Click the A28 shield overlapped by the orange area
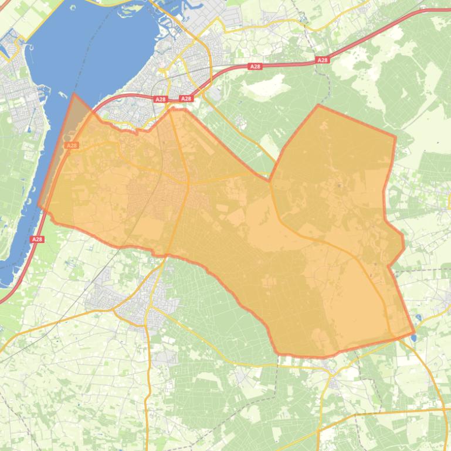point(72,145)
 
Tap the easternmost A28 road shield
point(322,60)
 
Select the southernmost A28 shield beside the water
point(38,239)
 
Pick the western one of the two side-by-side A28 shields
point(161,100)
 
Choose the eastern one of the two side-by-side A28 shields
point(186,98)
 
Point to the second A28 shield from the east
point(255,66)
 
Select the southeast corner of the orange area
point(414,334)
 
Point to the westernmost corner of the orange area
point(39,206)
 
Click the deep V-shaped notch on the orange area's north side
point(270,180)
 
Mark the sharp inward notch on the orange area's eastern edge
point(389,266)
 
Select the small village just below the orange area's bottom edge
point(334,383)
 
